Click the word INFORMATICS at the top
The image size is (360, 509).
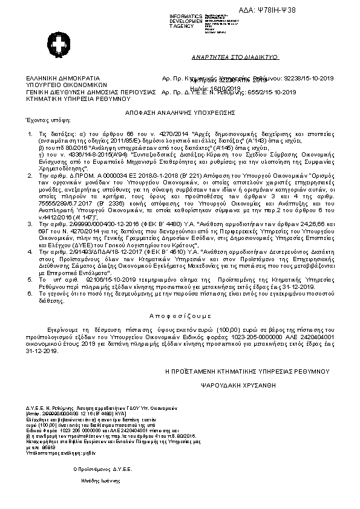point(185,15)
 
